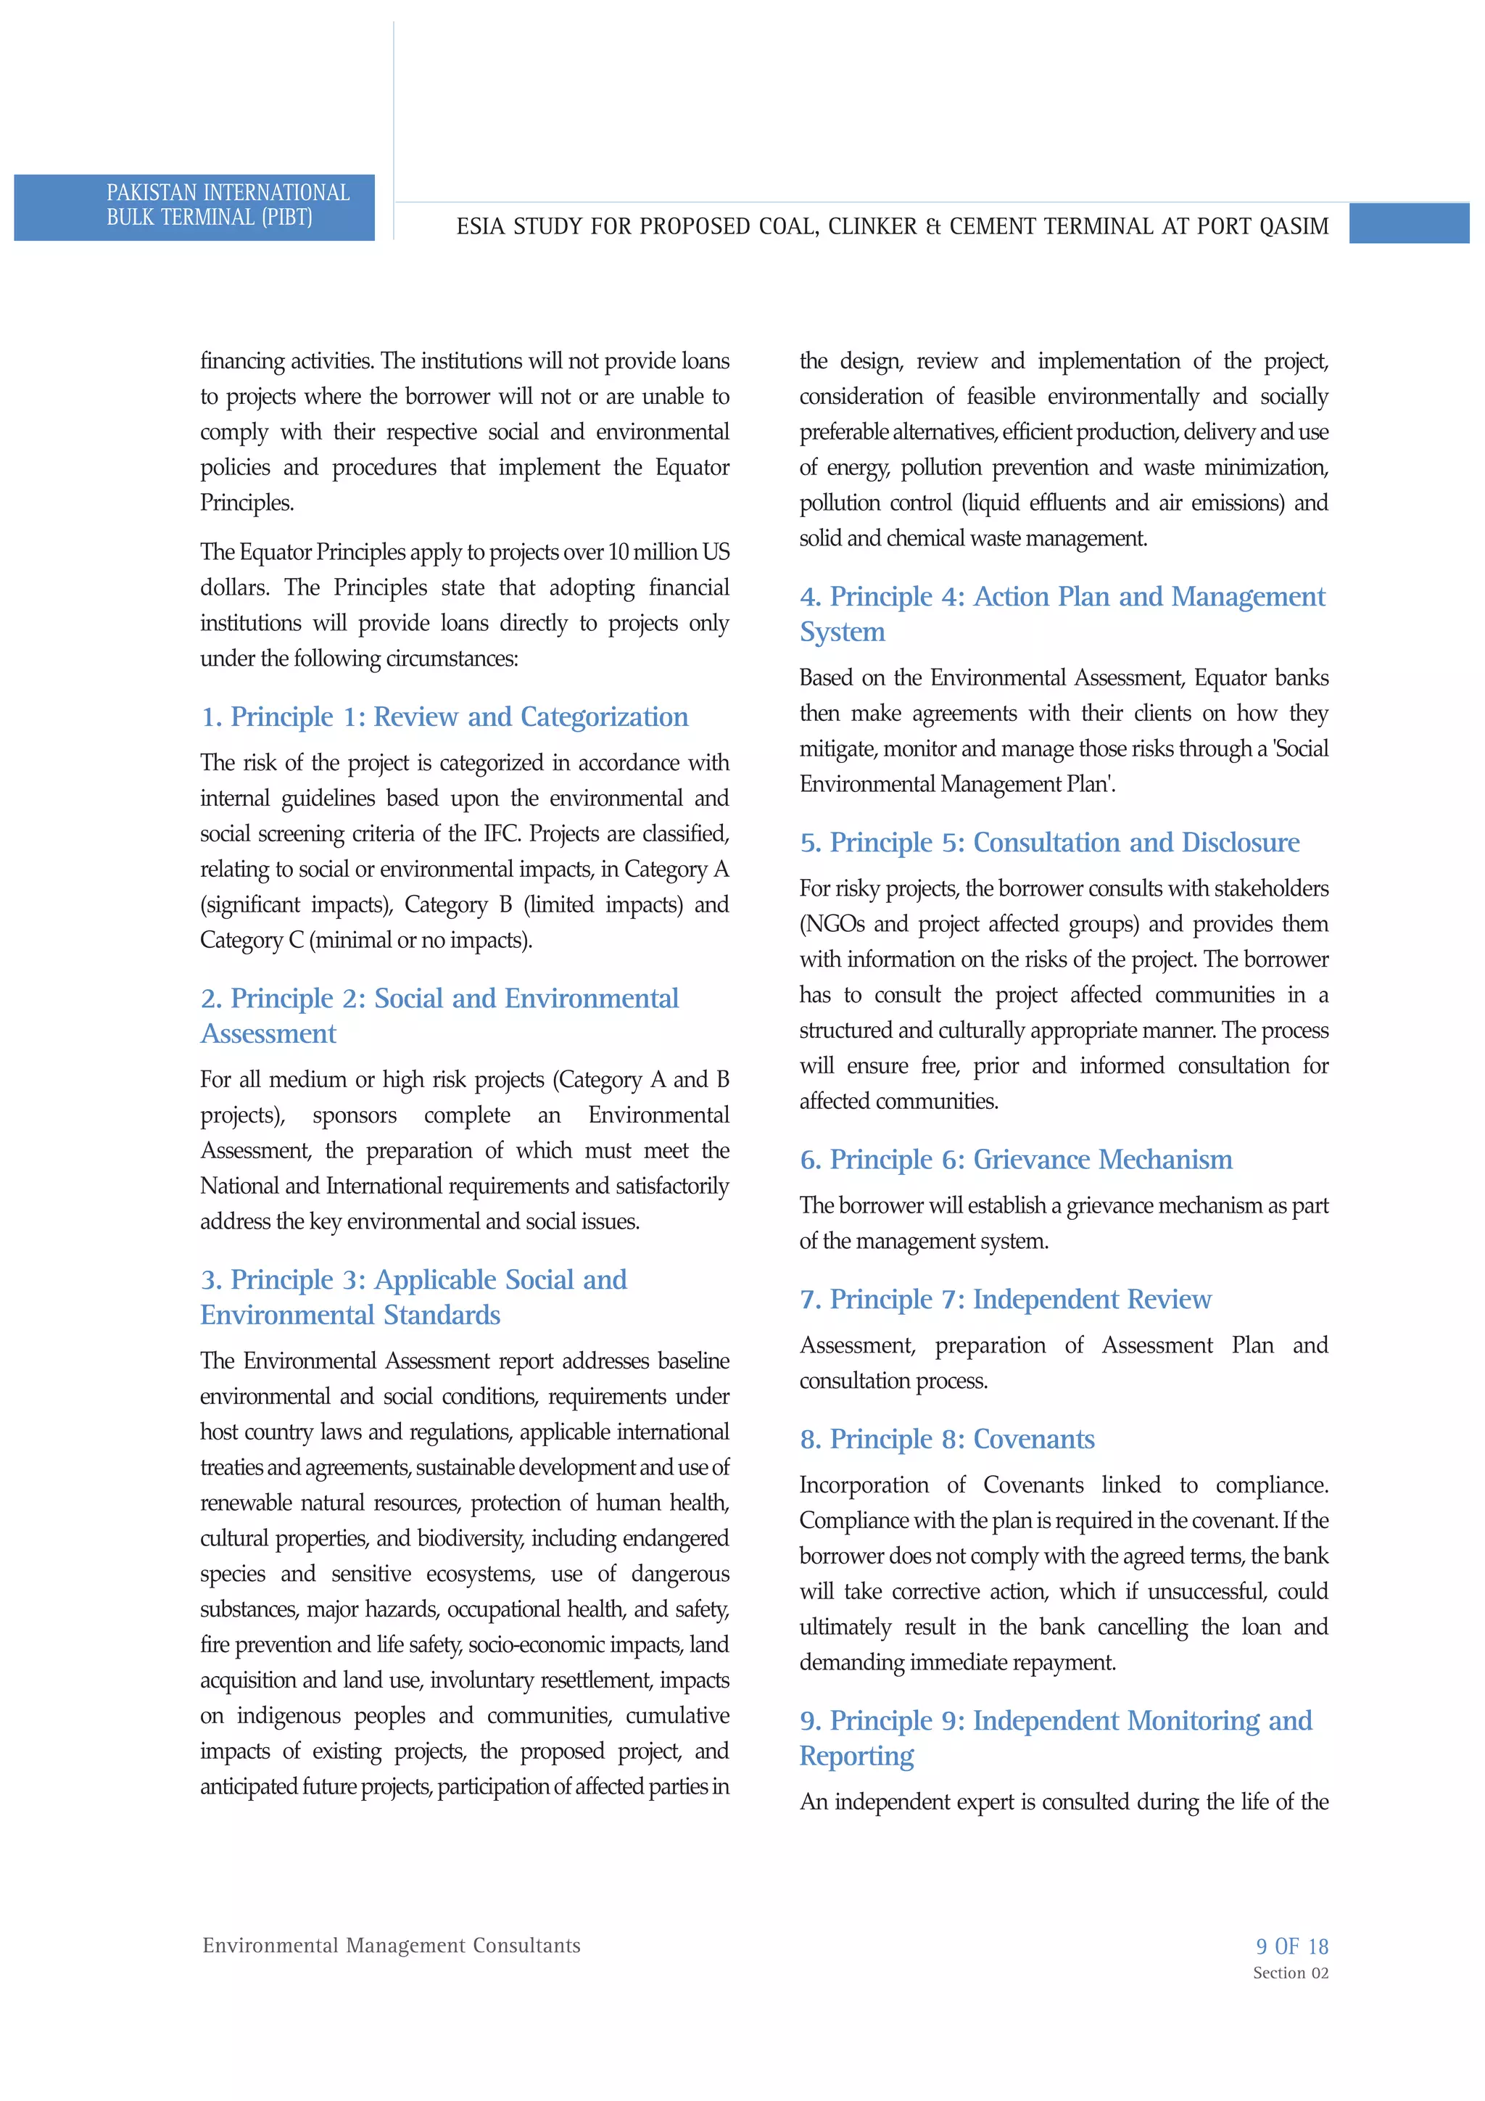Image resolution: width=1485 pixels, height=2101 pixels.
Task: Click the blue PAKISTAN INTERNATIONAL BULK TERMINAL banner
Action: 194,207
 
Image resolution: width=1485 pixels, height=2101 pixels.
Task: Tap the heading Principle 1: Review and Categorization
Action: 444,717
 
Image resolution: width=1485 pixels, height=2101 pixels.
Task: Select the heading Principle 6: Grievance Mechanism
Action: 1016,1160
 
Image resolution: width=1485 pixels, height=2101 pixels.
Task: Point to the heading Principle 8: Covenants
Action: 947,1440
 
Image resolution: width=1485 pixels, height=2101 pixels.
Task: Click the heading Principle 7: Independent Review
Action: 1005,1300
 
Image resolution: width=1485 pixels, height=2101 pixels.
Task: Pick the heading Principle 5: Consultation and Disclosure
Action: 1049,842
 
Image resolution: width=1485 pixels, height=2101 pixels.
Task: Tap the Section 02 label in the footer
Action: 1290,1973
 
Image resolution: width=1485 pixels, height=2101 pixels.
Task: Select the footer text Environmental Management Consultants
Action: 392,1946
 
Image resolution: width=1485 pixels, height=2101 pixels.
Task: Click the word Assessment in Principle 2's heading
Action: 268,1034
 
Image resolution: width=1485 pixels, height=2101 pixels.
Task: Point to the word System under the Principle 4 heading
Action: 842,632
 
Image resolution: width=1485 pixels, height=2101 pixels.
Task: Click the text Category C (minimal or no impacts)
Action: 366,940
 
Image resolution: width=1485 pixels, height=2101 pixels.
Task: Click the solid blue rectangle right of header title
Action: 1408,224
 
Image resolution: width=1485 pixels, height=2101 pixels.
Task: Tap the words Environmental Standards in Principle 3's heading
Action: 350,1315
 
